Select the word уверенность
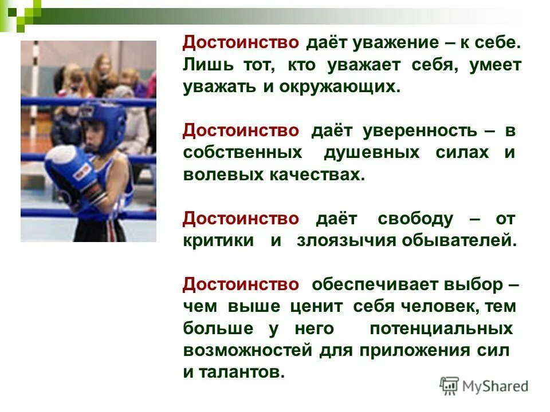(x=419, y=131)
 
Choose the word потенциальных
(x=441, y=328)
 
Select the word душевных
(x=372, y=153)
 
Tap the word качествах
(x=313, y=175)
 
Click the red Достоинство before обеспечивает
(x=241, y=284)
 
